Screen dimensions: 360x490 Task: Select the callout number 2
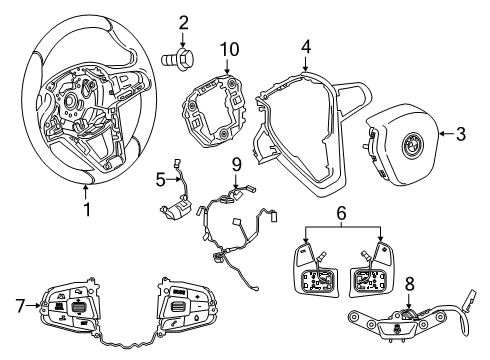(183, 22)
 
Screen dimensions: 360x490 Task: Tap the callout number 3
(460, 133)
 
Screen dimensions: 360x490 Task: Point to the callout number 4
(307, 46)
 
